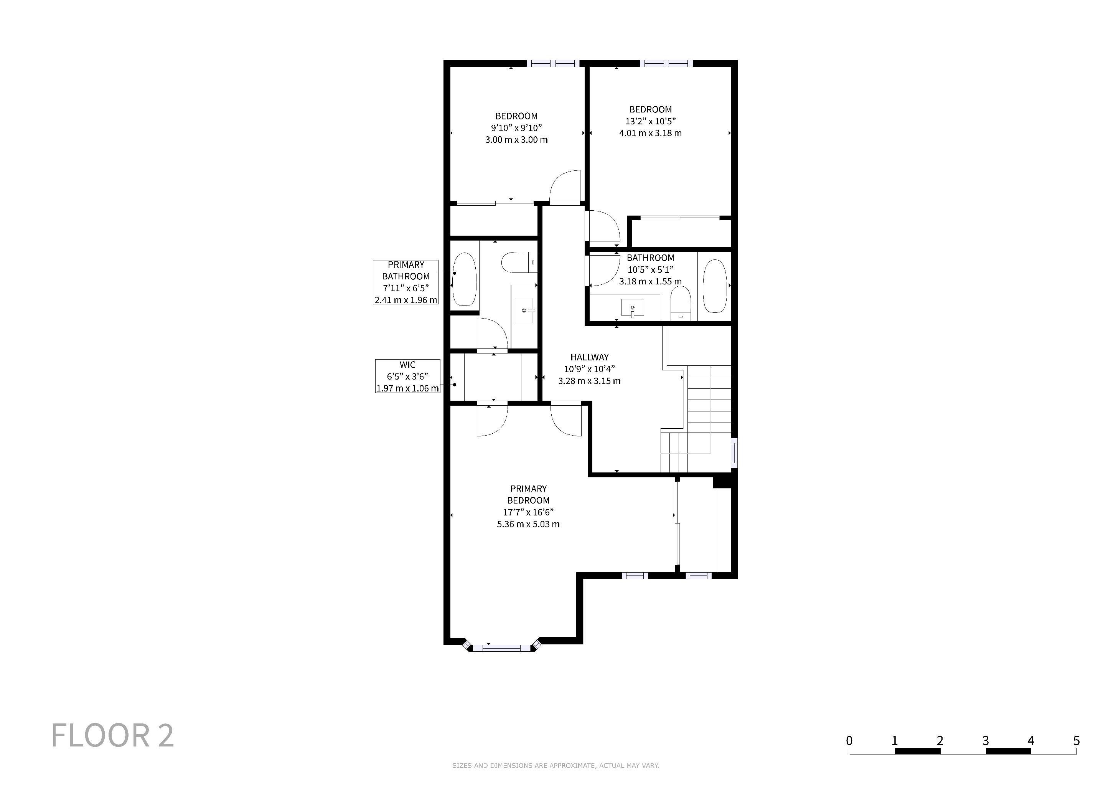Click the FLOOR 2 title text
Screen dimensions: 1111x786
(112, 736)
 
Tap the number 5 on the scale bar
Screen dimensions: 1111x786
(1076, 740)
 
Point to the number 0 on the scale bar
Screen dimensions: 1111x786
(849, 740)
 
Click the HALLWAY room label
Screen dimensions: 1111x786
(589, 357)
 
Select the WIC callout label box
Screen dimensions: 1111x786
(407, 376)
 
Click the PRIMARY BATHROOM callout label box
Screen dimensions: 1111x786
(405, 282)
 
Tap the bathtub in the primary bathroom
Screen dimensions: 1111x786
(464, 279)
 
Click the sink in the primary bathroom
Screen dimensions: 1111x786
(524, 310)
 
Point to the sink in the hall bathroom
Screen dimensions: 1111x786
(633, 308)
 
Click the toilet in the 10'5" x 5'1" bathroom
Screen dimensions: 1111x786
(680, 302)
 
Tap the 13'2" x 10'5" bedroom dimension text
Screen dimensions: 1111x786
(650, 121)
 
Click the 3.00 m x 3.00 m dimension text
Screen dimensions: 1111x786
(516, 140)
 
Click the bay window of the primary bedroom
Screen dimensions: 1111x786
(502, 647)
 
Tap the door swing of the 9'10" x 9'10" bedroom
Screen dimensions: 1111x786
(565, 187)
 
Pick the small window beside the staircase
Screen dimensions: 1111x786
(734, 453)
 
